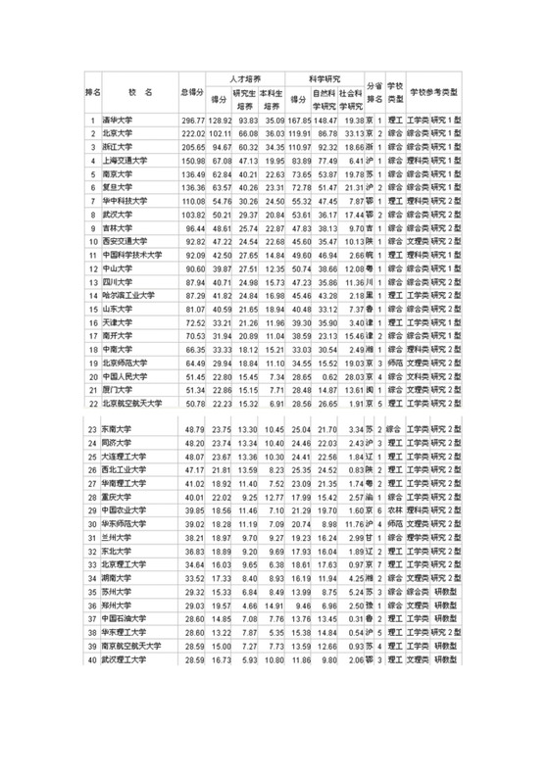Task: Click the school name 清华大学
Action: (x=119, y=121)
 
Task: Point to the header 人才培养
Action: (x=245, y=76)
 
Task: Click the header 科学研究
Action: (x=324, y=76)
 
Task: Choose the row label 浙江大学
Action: (x=119, y=145)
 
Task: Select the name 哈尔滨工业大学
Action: (x=127, y=294)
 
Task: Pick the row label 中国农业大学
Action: (x=124, y=510)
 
